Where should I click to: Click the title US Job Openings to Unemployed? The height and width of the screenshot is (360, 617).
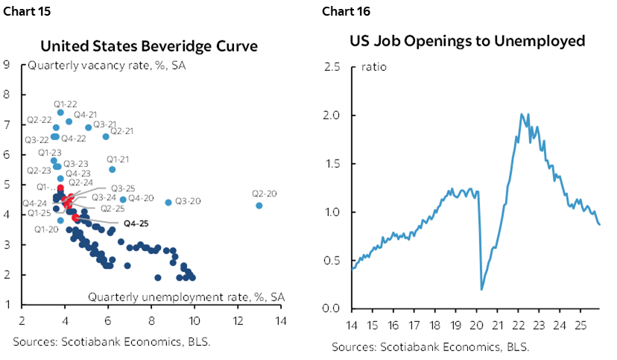tap(467, 40)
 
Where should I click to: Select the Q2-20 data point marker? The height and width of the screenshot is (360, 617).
tap(259, 206)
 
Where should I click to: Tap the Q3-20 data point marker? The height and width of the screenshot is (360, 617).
tap(168, 202)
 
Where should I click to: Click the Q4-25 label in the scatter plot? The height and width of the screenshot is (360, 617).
tap(136, 222)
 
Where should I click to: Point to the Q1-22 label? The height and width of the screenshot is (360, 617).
tap(66, 103)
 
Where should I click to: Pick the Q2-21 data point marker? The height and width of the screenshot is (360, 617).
tap(106, 136)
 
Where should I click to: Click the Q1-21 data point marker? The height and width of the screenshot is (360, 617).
tap(113, 169)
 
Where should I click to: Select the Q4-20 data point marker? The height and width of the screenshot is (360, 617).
tap(123, 199)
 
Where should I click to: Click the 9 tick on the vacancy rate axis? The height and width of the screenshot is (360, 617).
tap(7, 64)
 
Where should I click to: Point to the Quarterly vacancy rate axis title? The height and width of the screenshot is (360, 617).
tap(107, 66)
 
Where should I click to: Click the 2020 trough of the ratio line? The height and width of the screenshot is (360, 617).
tap(481, 289)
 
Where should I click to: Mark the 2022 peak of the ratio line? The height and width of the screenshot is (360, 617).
tap(520, 114)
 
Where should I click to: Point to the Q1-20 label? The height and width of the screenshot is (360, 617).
tap(46, 230)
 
